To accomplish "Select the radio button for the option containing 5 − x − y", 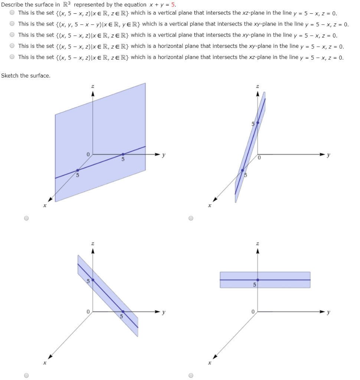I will (12, 24).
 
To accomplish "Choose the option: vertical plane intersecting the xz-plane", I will (12, 13).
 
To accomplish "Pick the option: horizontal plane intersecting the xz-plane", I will (12, 58).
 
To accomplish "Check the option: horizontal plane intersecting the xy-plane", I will (12, 46).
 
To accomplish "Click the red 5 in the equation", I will (173, 5).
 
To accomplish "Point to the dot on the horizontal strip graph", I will (258, 280).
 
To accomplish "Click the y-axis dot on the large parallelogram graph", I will (123, 154).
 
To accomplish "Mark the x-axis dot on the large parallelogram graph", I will (78, 170).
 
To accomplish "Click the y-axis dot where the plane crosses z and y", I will (123, 311).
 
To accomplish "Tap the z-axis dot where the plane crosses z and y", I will (93, 280).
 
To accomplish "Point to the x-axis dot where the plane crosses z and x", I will (242, 170).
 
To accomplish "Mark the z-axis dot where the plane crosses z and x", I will (258, 122).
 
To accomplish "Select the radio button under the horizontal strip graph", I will (191, 375).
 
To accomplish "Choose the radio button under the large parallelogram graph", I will (26, 218).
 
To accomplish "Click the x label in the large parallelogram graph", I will (45, 205).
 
